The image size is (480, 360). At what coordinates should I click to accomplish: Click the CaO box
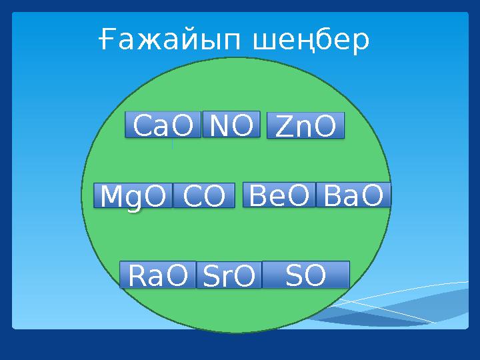click(x=163, y=125)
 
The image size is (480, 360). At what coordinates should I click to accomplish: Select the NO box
click(x=231, y=124)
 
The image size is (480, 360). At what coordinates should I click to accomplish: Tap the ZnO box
click(x=305, y=126)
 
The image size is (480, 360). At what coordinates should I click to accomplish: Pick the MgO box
click(x=133, y=195)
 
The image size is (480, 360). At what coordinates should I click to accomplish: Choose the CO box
click(x=204, y=195)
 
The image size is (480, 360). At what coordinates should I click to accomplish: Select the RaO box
click(x=157, y=275)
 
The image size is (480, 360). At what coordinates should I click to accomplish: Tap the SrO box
click(x=228, y=275)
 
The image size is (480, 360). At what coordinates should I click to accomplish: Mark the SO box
click(x=306, y=274)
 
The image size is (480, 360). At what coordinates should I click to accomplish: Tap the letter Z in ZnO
click(x=283, y=127)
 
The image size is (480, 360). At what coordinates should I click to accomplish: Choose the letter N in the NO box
click(x=219, y=124)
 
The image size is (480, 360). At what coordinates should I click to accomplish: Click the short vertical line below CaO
click(x=172, y=144)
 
